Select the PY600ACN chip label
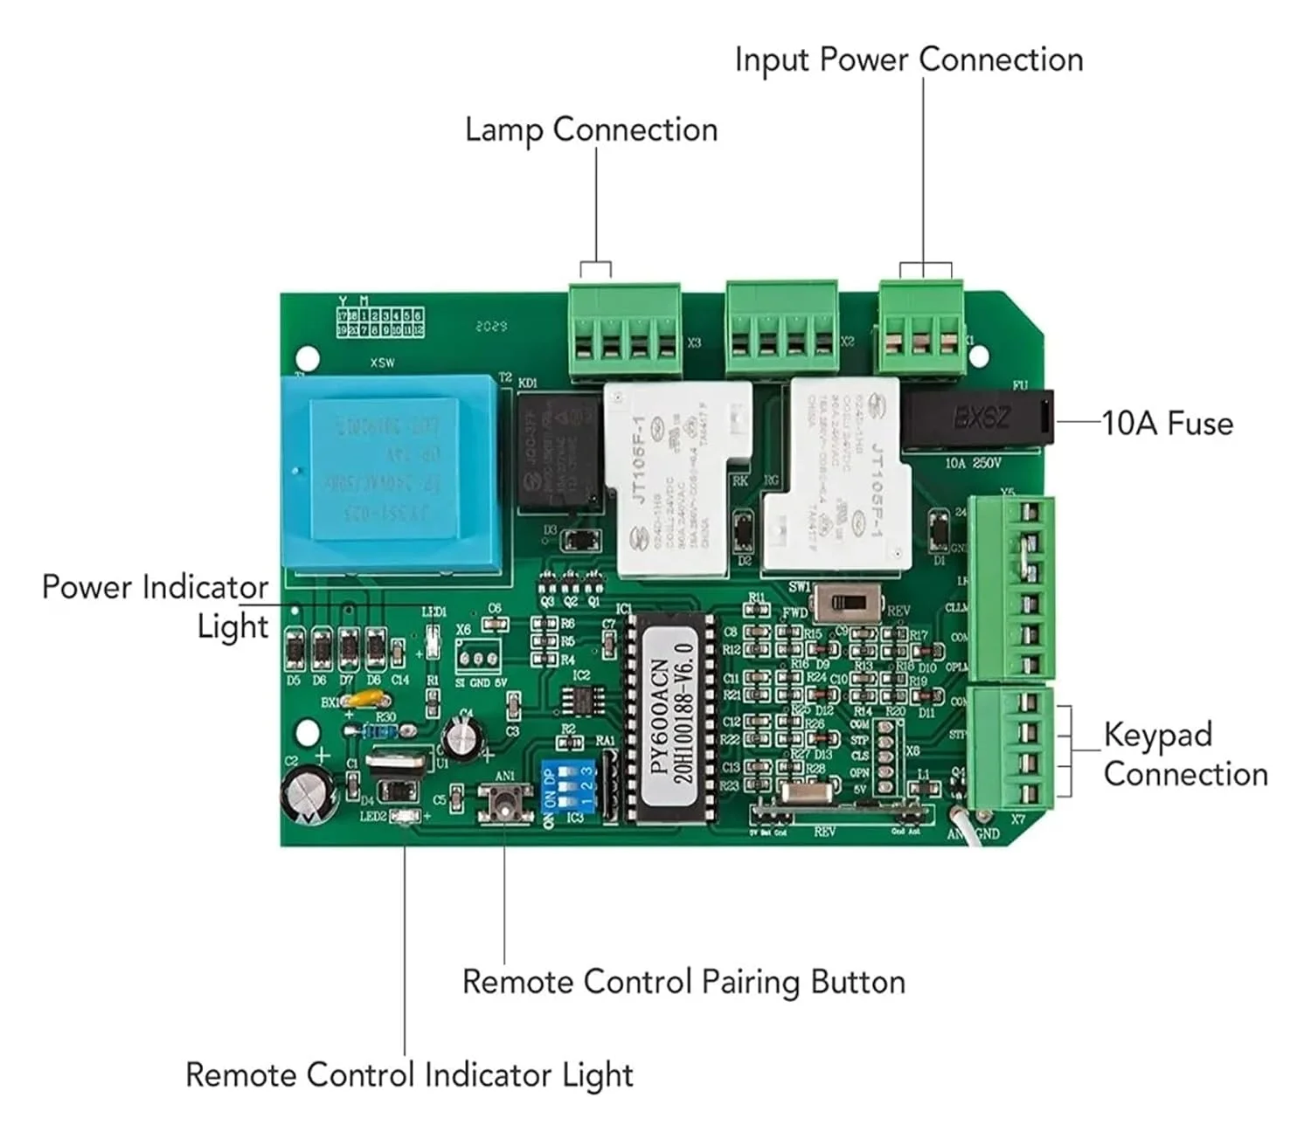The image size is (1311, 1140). pyautogui.click(x=672, y=718)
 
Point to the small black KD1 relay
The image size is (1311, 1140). pyautogui.click(x=558, y=452)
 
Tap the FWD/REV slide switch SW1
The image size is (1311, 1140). pyautogui.click(x=843, y=603)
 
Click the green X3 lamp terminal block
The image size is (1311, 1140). pyautogui.click(x=624, y=332)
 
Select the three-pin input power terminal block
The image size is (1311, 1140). pyautogui.click(x=922, y=328)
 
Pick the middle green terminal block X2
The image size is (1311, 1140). pyautogui.click(x=781, y=330)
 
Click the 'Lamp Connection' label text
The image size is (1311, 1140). pyautogui.click(x=591, y=130)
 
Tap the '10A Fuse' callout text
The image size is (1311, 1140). pyautogui.click(x=1168, y=424)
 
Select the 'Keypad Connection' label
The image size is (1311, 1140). pyautogui.click(x=1184, y=754)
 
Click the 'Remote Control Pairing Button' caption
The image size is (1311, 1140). pyautogui.click(x=683, y=982)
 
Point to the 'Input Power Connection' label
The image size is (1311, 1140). pyautogui.click(x=908, y=60)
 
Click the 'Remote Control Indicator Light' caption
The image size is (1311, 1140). pyautogui.click(x=409, y=1074)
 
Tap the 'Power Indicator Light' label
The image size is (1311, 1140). pyautogui.click(x=156, y=606)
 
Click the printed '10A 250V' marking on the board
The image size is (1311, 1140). pyautogui.click(x=973, y=463)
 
